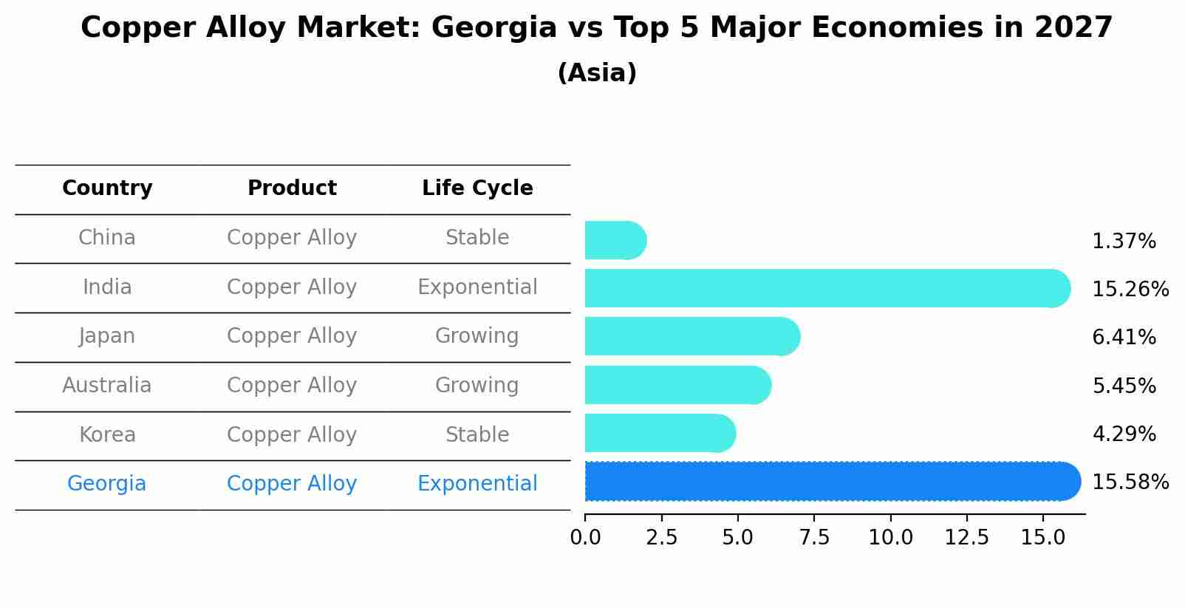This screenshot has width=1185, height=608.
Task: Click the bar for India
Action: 827,288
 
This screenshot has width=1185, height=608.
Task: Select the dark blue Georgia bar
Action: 833,482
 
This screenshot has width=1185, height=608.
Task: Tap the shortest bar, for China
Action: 615,240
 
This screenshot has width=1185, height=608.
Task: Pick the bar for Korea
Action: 660,433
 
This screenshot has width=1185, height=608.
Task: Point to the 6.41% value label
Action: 1123,338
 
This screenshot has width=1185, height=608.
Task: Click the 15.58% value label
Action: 1130,482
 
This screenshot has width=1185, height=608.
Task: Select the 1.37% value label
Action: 1123,242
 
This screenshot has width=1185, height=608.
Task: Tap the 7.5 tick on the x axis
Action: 814,538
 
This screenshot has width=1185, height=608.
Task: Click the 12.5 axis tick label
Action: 966,538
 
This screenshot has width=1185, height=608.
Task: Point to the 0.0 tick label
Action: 585,538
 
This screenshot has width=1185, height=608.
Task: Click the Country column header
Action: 107,188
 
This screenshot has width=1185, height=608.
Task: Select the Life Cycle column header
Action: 477,188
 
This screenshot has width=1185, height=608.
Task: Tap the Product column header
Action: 292,188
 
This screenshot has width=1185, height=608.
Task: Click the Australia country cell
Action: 107,386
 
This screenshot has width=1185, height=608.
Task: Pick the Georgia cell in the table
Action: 107,484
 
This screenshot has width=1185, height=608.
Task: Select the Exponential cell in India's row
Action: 477,287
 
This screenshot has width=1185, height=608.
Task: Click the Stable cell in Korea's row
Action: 477,435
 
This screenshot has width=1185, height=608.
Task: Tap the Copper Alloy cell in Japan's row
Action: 292,336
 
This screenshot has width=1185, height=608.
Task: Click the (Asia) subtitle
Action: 597,73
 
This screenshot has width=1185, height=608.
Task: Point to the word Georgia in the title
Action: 494,28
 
